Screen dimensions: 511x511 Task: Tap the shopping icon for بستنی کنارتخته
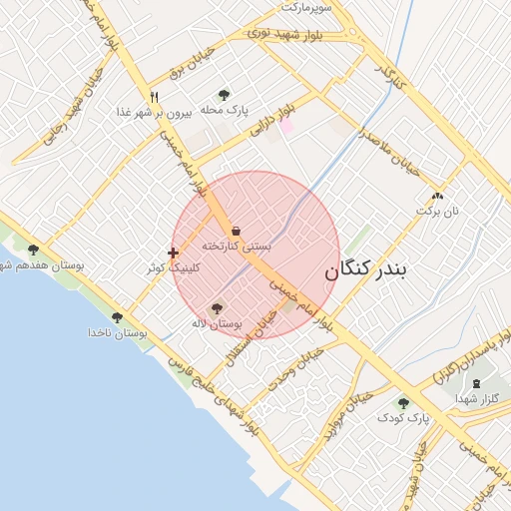click(236, 232)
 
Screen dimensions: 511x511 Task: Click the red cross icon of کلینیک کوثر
click(174, 253)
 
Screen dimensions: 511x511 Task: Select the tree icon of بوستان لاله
click(218, 308)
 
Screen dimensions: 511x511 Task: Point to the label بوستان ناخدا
click(117, 332)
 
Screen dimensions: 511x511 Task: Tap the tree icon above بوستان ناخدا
click(118, 317)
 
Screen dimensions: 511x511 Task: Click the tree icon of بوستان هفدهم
click(33, 251)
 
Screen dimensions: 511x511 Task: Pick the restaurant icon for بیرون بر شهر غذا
click(154, 98)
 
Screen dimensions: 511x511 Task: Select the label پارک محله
click(223, 110)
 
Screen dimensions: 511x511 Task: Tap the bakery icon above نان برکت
click(437, 196)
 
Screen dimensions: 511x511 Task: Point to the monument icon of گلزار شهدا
click(475, 383)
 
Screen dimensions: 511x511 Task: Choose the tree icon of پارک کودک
click(403, 403)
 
